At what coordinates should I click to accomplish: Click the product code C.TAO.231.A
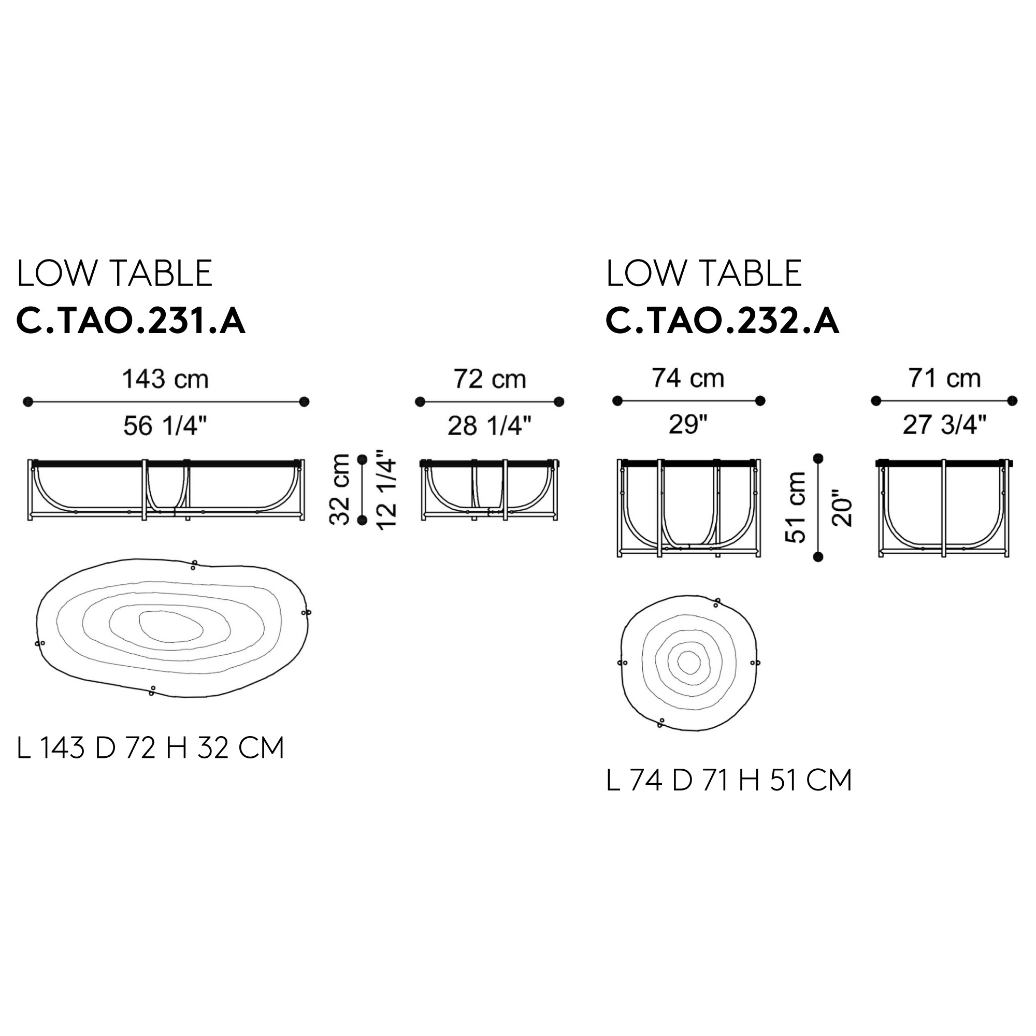132,321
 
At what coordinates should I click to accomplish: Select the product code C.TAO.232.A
722,321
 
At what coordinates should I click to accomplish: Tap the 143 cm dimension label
166,379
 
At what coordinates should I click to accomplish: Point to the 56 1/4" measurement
165,426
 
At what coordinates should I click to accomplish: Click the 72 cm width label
490,379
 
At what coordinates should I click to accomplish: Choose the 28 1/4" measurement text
490,426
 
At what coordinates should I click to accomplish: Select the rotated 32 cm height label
339,489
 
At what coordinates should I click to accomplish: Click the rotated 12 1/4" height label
386,489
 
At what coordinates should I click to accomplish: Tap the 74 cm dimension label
688,378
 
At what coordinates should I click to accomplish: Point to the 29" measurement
688,425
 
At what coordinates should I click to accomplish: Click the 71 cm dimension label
945,378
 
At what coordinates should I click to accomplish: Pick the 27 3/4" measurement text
945,425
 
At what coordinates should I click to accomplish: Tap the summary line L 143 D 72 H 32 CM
151,747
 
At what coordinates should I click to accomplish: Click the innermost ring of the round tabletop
689,663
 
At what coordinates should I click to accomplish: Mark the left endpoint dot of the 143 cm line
28,401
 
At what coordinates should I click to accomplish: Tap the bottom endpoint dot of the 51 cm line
818,557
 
